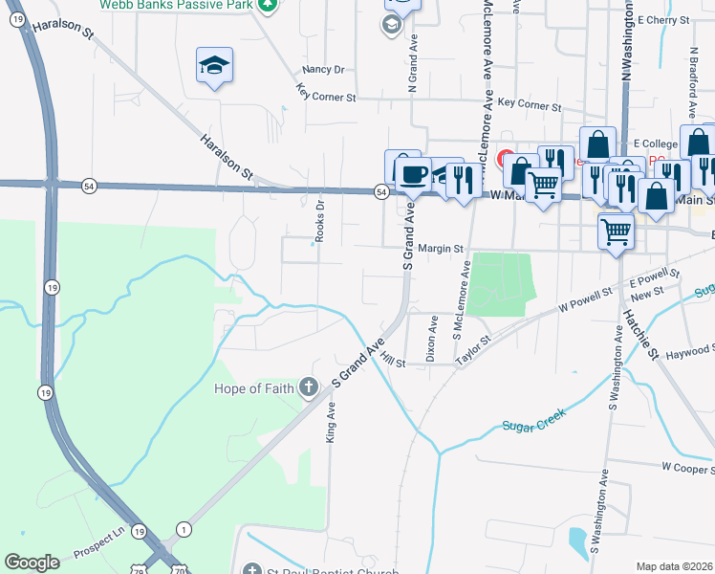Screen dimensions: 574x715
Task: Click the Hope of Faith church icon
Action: [308, 386]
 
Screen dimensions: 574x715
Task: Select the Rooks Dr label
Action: [320, 219]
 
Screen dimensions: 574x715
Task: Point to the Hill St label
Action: [393, 359]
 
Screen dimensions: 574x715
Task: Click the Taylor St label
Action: [472, 346]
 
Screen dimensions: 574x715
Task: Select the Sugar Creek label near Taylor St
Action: [534, 421]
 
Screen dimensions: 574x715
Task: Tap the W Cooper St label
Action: [687, 467]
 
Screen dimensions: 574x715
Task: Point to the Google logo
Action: [32, 563]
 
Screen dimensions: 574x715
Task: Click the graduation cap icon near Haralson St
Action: [214, 65]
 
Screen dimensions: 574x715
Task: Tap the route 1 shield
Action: [184, 529]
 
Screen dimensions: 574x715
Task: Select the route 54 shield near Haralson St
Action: [89, 184]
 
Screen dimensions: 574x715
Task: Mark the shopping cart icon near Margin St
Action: [616, 230]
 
